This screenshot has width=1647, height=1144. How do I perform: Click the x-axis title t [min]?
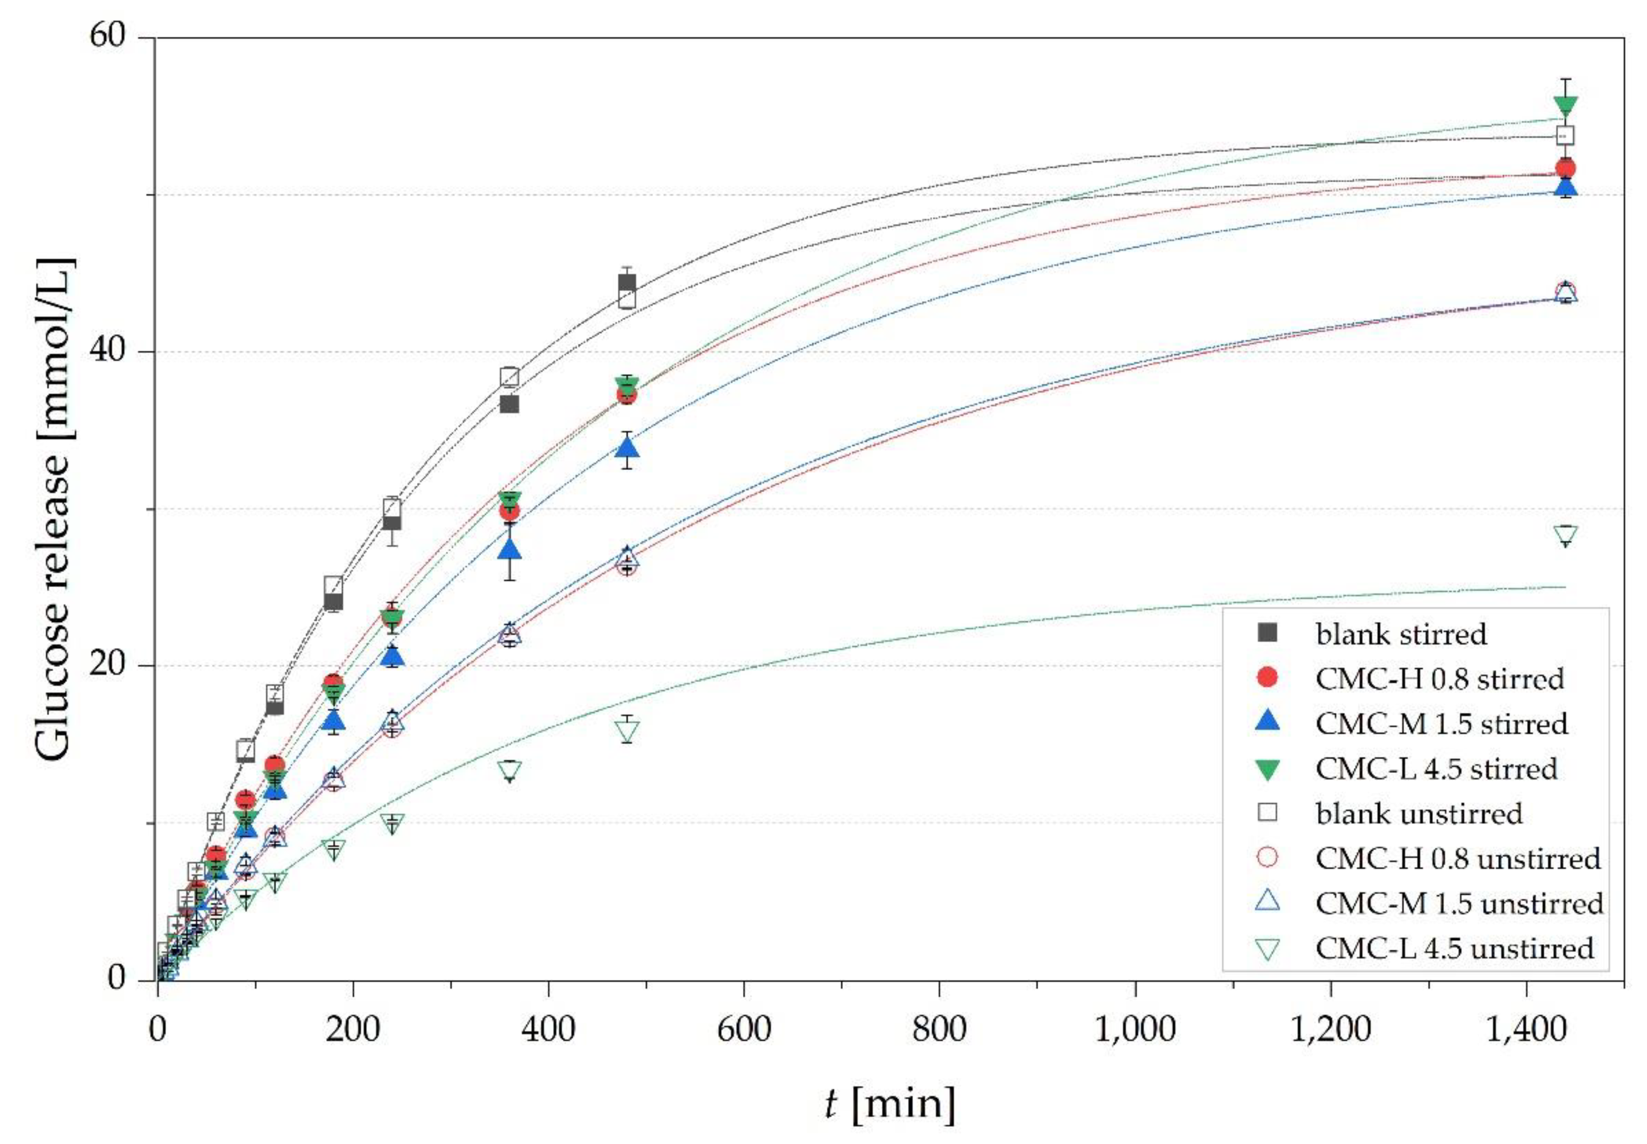click(889, 1104)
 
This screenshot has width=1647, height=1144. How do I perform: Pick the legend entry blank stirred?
click(1401, 634)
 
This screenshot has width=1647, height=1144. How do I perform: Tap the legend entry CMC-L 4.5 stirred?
click(1437, 768)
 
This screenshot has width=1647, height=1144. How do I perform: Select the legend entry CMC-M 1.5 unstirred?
click(1459, 903)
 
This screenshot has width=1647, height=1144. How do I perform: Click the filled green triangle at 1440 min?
click(1565, 106)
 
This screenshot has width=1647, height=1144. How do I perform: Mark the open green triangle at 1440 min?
click(1565, 535)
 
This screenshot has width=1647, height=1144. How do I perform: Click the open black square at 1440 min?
click(1565, 135)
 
